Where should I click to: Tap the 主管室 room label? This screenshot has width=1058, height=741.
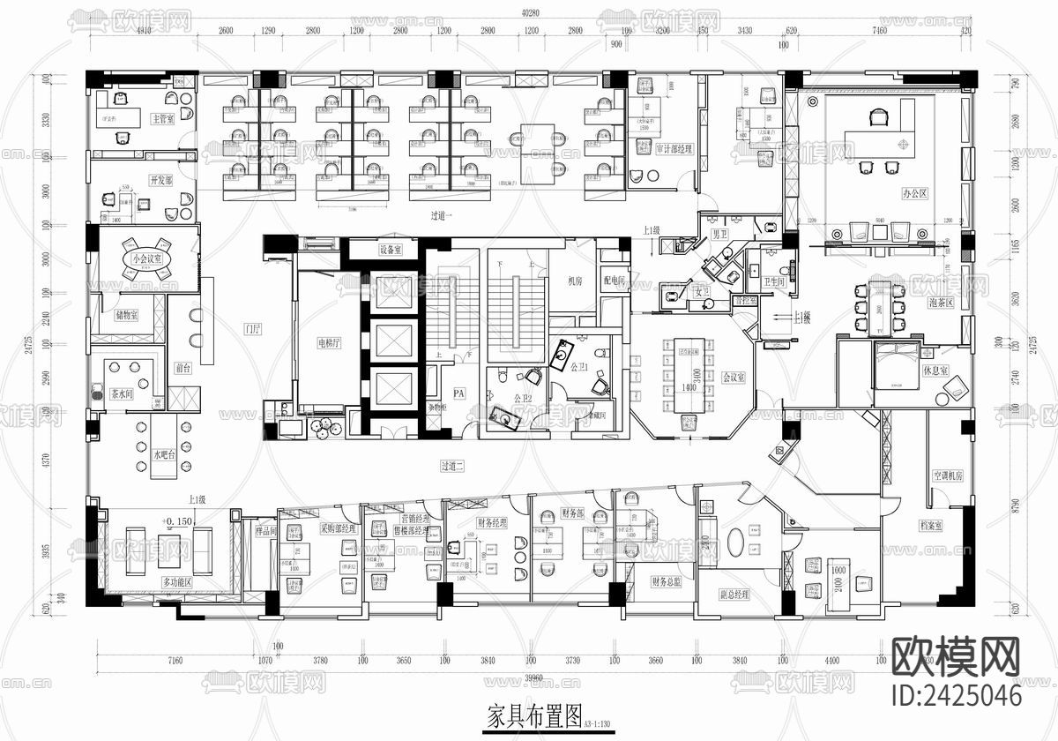163,118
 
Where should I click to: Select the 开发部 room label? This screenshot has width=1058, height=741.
160,180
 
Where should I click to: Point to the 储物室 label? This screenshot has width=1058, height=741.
126,315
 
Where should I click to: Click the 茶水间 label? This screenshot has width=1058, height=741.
121,393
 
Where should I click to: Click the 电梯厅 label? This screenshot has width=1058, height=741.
331,344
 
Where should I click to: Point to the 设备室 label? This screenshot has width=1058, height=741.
391,250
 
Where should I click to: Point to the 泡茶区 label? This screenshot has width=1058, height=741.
943,302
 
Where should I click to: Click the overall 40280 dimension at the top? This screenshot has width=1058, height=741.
529,12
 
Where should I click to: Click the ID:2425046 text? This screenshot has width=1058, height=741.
957,695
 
